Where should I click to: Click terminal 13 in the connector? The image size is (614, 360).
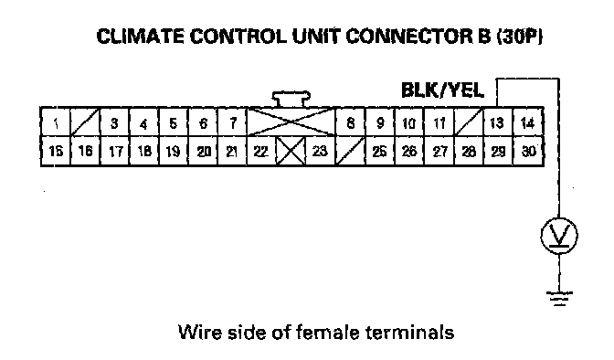click(498, 122)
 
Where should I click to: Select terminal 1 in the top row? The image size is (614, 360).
click(56, 122)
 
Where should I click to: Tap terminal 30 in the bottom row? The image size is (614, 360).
click(528, 151)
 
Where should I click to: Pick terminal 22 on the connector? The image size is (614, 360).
click(261, 151)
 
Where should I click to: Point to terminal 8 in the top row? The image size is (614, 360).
click(351, 122)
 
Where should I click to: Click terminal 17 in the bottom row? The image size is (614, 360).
click(115, 151)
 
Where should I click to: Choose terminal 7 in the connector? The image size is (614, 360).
click(233, 122)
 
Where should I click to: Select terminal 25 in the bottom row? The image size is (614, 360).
click(380, 151)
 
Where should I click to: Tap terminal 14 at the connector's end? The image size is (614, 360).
click(528, 122)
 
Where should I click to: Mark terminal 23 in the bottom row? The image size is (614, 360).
click(321, 151)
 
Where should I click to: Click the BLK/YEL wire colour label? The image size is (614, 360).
click(442, 90)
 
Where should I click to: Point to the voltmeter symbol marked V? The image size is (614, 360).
click(559, 236)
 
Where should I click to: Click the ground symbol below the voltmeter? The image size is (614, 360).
click(559, 298)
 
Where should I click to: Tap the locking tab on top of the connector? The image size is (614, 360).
click(291, 99)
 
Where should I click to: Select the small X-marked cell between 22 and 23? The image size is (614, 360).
click(291, 151)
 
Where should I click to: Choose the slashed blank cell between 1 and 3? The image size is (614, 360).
click(85, 122)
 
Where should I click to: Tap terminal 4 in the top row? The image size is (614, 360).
click(144, 122)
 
